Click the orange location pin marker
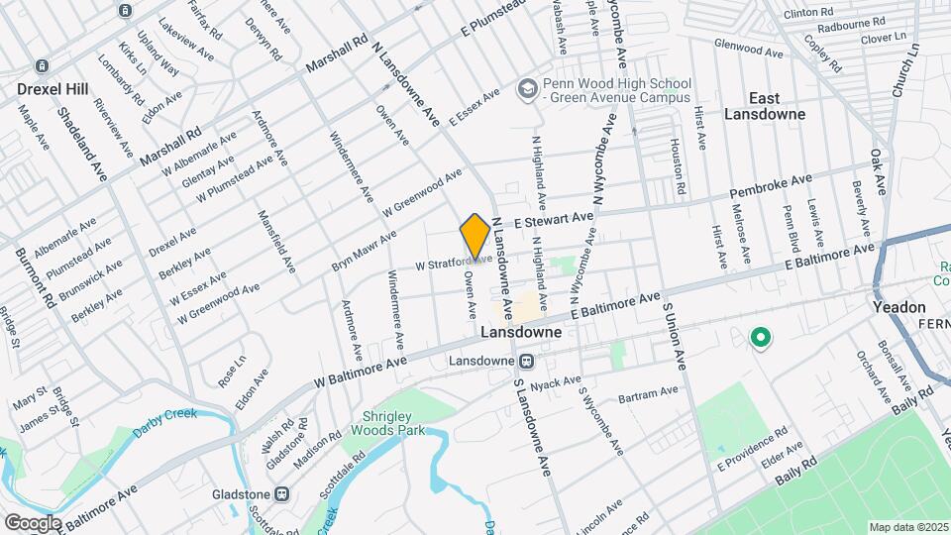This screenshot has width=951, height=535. pyautogui.click(x=475, y=238)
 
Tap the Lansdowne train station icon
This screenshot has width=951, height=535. pyautogui.click(x=528, y=362)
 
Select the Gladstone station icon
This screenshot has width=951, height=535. pyautogui.click(x=282, y=492)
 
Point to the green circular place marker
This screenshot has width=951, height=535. pyautogui.click(x=761, y=339)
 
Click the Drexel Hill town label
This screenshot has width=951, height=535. pyautogui.click(x=48, y=88)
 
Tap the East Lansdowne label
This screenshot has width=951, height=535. pyautogui.click(x=778, y=106)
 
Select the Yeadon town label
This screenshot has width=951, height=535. pyautogui.click(x=899, y=307)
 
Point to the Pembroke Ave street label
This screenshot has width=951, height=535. pyautogui.click(x=771, y=184)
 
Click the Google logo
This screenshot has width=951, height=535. pyautogui.click(x=33, y=522)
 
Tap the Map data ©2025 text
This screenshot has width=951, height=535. pyautogui.click(x=908, y=527)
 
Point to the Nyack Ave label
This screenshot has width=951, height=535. pyautogui.click(x=555, y=382)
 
